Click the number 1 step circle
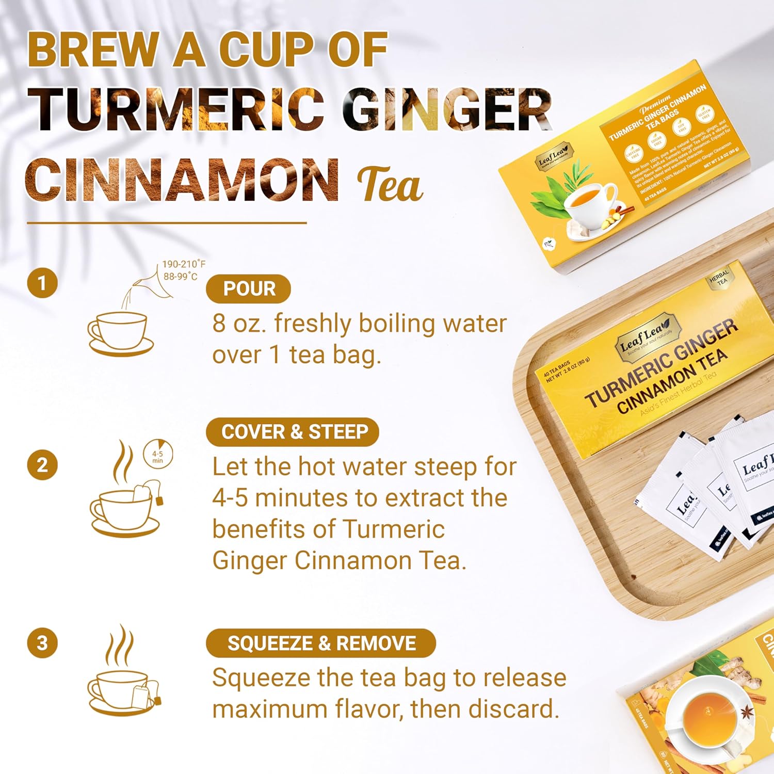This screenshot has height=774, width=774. (42, 283)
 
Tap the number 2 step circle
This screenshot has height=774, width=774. (42, 465)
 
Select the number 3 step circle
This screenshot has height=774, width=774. (42, 643)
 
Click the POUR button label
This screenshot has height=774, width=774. (248, 289)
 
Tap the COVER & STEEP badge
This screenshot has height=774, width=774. (293, 432)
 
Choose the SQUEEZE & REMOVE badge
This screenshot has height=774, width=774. (321, 643)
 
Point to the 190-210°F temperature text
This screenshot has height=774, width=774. (183, 264)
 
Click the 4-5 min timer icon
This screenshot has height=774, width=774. (158, 455)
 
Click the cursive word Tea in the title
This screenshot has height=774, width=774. (390, 185)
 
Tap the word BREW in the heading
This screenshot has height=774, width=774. (93, 50)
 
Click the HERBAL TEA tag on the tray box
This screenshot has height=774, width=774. (719, 279)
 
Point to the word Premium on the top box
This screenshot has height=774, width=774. (655, 103)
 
